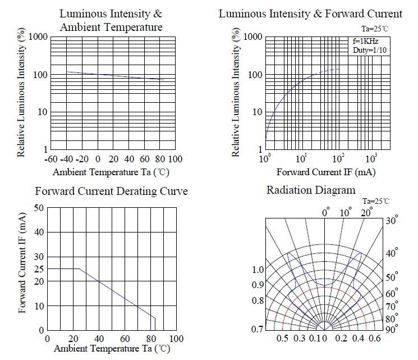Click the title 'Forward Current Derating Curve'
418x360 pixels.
(111, 192)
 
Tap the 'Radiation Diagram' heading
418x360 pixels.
(310, 190)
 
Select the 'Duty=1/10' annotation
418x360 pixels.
(369, 51)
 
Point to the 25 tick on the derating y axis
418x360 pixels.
(39, 269)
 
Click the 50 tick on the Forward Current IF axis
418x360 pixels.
(39, 208)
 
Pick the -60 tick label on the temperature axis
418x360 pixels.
(50, 160)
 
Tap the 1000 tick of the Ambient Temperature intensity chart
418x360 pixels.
(36, 37)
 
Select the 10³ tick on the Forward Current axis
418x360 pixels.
(371, 160)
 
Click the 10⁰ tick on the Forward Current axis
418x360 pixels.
(266, 160)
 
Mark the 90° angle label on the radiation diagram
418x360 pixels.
(391, 329)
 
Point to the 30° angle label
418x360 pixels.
(392, 221)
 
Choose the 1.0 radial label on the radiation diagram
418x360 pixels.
(258, 270)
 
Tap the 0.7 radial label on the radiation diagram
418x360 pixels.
(258, 329)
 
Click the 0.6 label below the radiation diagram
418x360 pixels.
(374, 338)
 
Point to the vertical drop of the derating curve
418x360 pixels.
(155, 324)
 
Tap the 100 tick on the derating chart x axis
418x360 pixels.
(176, 339)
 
